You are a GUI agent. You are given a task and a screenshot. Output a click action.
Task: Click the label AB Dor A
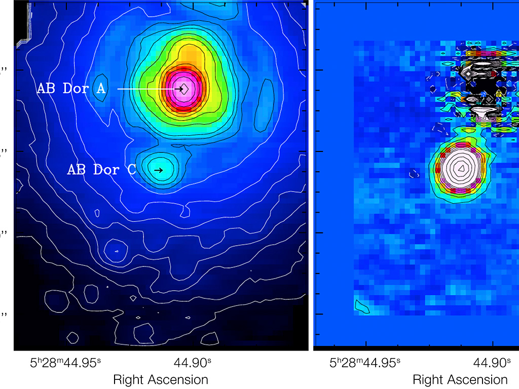coord(71,89)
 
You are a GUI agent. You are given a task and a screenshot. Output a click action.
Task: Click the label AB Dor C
coord(101,170)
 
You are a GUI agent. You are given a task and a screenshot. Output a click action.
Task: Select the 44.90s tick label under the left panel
coord(192,363)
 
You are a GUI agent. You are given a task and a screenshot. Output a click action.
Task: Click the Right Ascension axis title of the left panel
coord(160,379)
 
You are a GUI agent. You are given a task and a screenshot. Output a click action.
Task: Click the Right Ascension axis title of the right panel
coord(460,379)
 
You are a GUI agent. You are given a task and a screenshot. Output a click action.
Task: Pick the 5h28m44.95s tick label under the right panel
coord(365,363)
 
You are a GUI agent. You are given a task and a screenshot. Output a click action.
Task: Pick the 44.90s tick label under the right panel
coord(491,363)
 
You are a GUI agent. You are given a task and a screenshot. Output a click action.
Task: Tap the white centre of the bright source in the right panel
coord(461,167)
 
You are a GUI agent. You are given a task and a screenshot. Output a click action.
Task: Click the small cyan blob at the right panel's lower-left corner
coord(363,306)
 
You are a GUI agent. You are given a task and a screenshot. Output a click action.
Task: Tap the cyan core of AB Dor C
coord(158,169)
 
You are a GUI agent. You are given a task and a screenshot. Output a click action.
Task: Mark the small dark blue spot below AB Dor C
coord(117,251)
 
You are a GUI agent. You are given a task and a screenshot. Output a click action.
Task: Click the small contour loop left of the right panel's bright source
coord(414,173)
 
